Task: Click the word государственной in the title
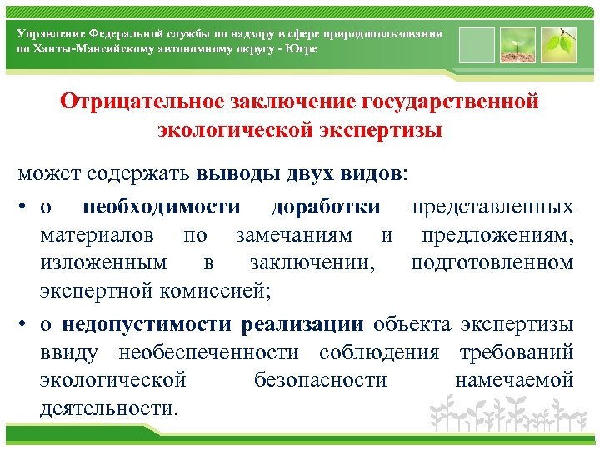point(451,102)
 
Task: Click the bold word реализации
point(302,324)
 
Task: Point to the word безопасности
point(320,381)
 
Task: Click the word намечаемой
point(514,381)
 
